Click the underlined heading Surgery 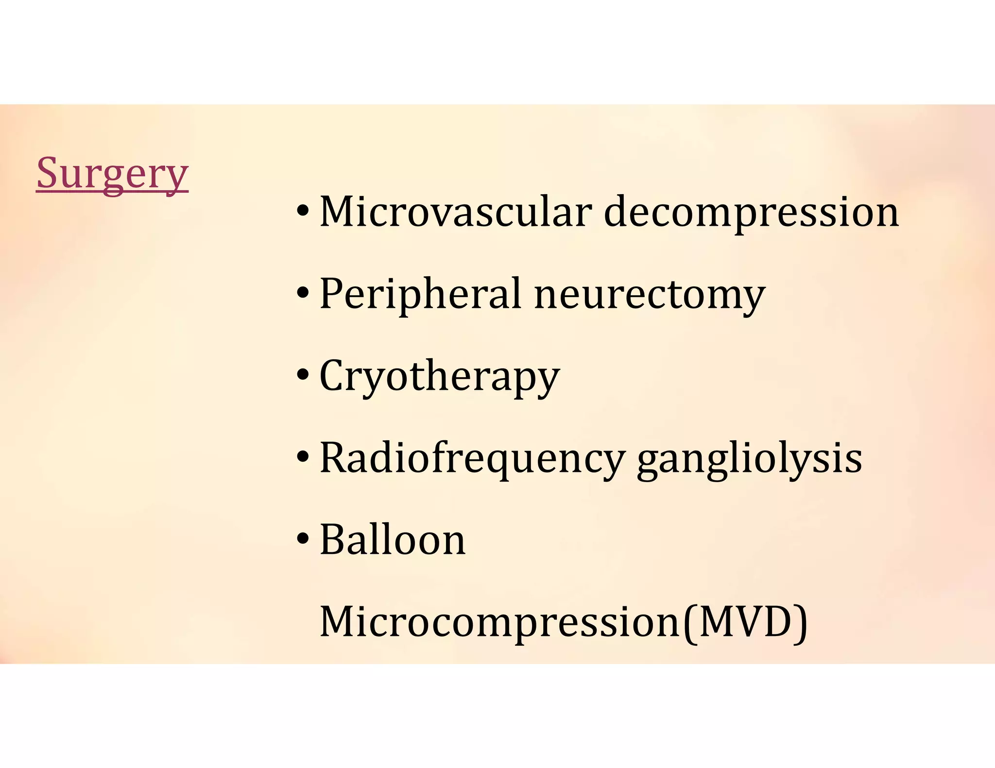(112, 173)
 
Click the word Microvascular (456, 212)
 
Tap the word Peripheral (421, 294)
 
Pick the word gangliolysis (749, 459)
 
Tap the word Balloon (393, 540)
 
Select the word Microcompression (500, 622)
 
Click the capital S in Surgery (48, 173)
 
